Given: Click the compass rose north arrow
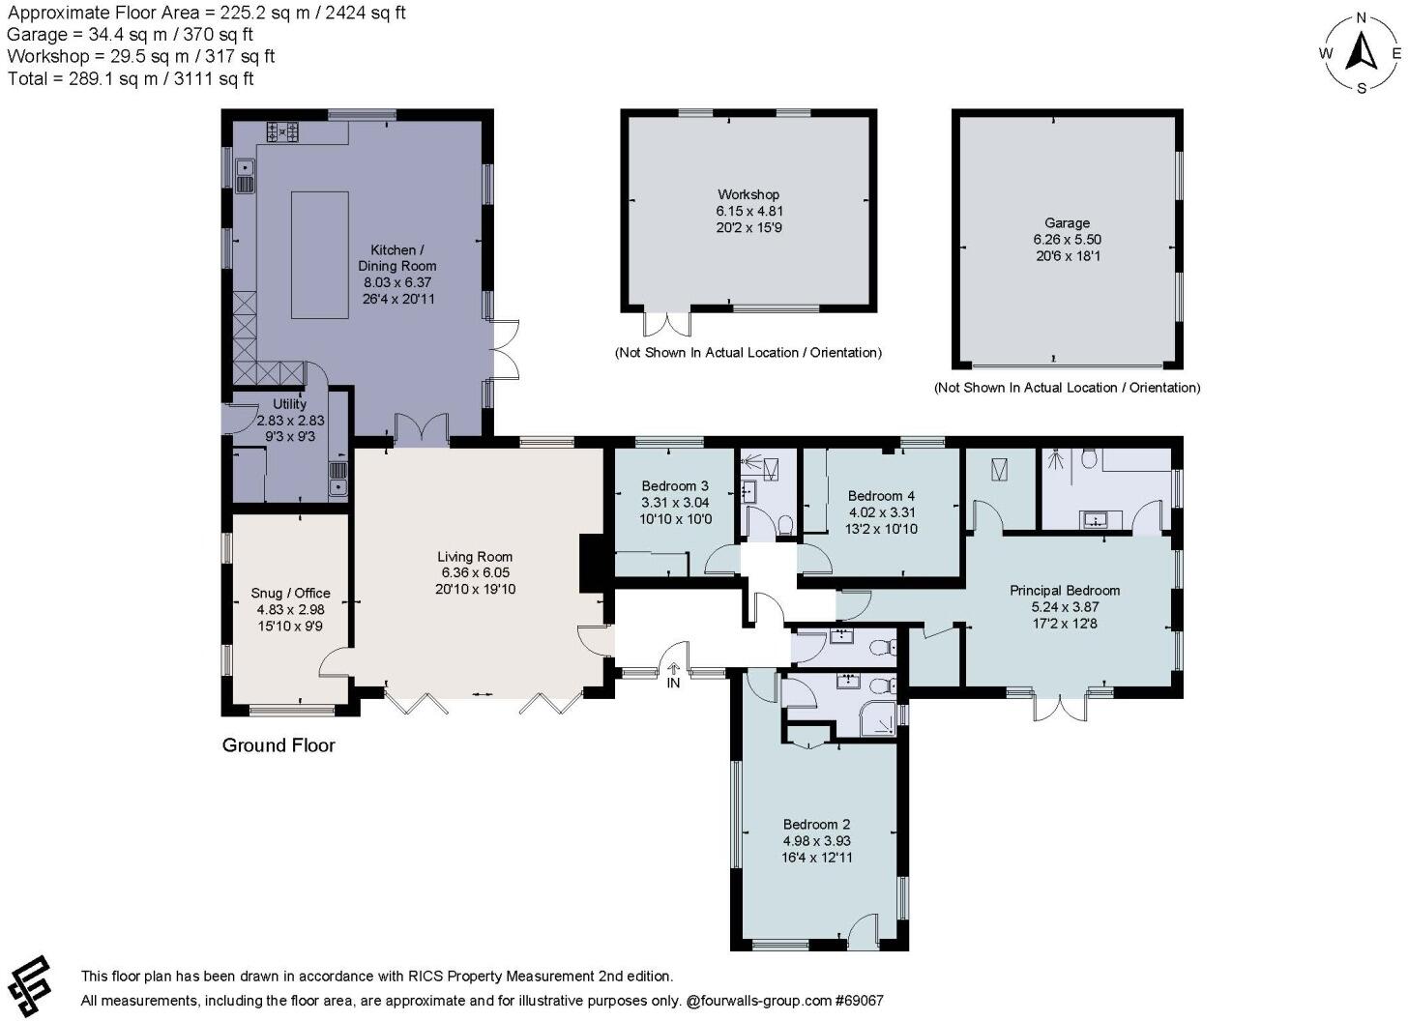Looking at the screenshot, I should (x=1363, y=52).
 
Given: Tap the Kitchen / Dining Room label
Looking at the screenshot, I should (x=396, y=258).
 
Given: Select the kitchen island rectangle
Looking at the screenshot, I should (x=319, y=254).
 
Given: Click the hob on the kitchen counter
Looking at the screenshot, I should (x=282, y=131).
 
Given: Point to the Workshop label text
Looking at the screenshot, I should (x=748, y=194).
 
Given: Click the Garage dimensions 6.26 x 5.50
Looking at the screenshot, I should (x=1067, y=240).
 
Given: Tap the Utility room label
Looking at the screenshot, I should (x=290, y=404).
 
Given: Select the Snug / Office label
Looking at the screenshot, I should (x=290, y=594).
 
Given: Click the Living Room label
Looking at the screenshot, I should (x=475, y=557).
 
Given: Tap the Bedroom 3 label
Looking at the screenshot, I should (x=675, y=485).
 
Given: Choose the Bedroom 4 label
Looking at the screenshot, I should (x=881, y=496).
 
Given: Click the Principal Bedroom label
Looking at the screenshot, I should (x=1065, y=590).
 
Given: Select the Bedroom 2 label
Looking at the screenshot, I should (x=816, y=825).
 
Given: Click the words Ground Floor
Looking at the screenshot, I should (x=279, y=745).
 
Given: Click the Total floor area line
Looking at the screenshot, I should (x=131, y=79).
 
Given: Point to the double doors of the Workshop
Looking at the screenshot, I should (x=667, y=322).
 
